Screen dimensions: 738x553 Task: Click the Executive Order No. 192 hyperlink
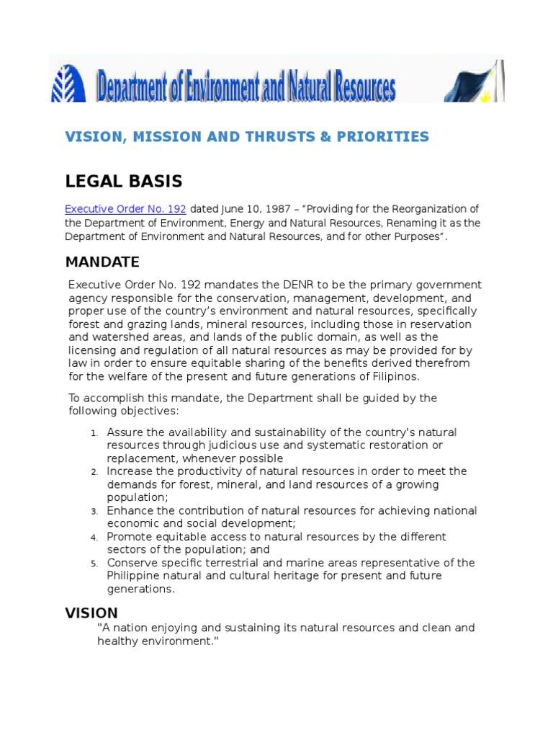point(125,209)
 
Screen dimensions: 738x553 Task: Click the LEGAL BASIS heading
point(123,181)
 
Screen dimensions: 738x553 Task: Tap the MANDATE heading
point(102,261)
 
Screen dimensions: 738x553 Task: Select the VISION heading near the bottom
point(91,613)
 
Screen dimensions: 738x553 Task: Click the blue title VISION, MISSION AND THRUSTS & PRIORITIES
point(247,137)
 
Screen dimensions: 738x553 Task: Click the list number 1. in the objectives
point(94,433)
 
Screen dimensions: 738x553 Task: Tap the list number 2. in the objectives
point(94,472)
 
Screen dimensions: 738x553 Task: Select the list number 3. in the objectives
point(94,511)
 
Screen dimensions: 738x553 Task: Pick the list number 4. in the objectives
point(94,538)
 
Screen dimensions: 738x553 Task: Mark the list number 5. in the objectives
point(94,564)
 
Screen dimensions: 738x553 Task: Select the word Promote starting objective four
point(129,537)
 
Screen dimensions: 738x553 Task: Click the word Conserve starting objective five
point(131,563)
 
